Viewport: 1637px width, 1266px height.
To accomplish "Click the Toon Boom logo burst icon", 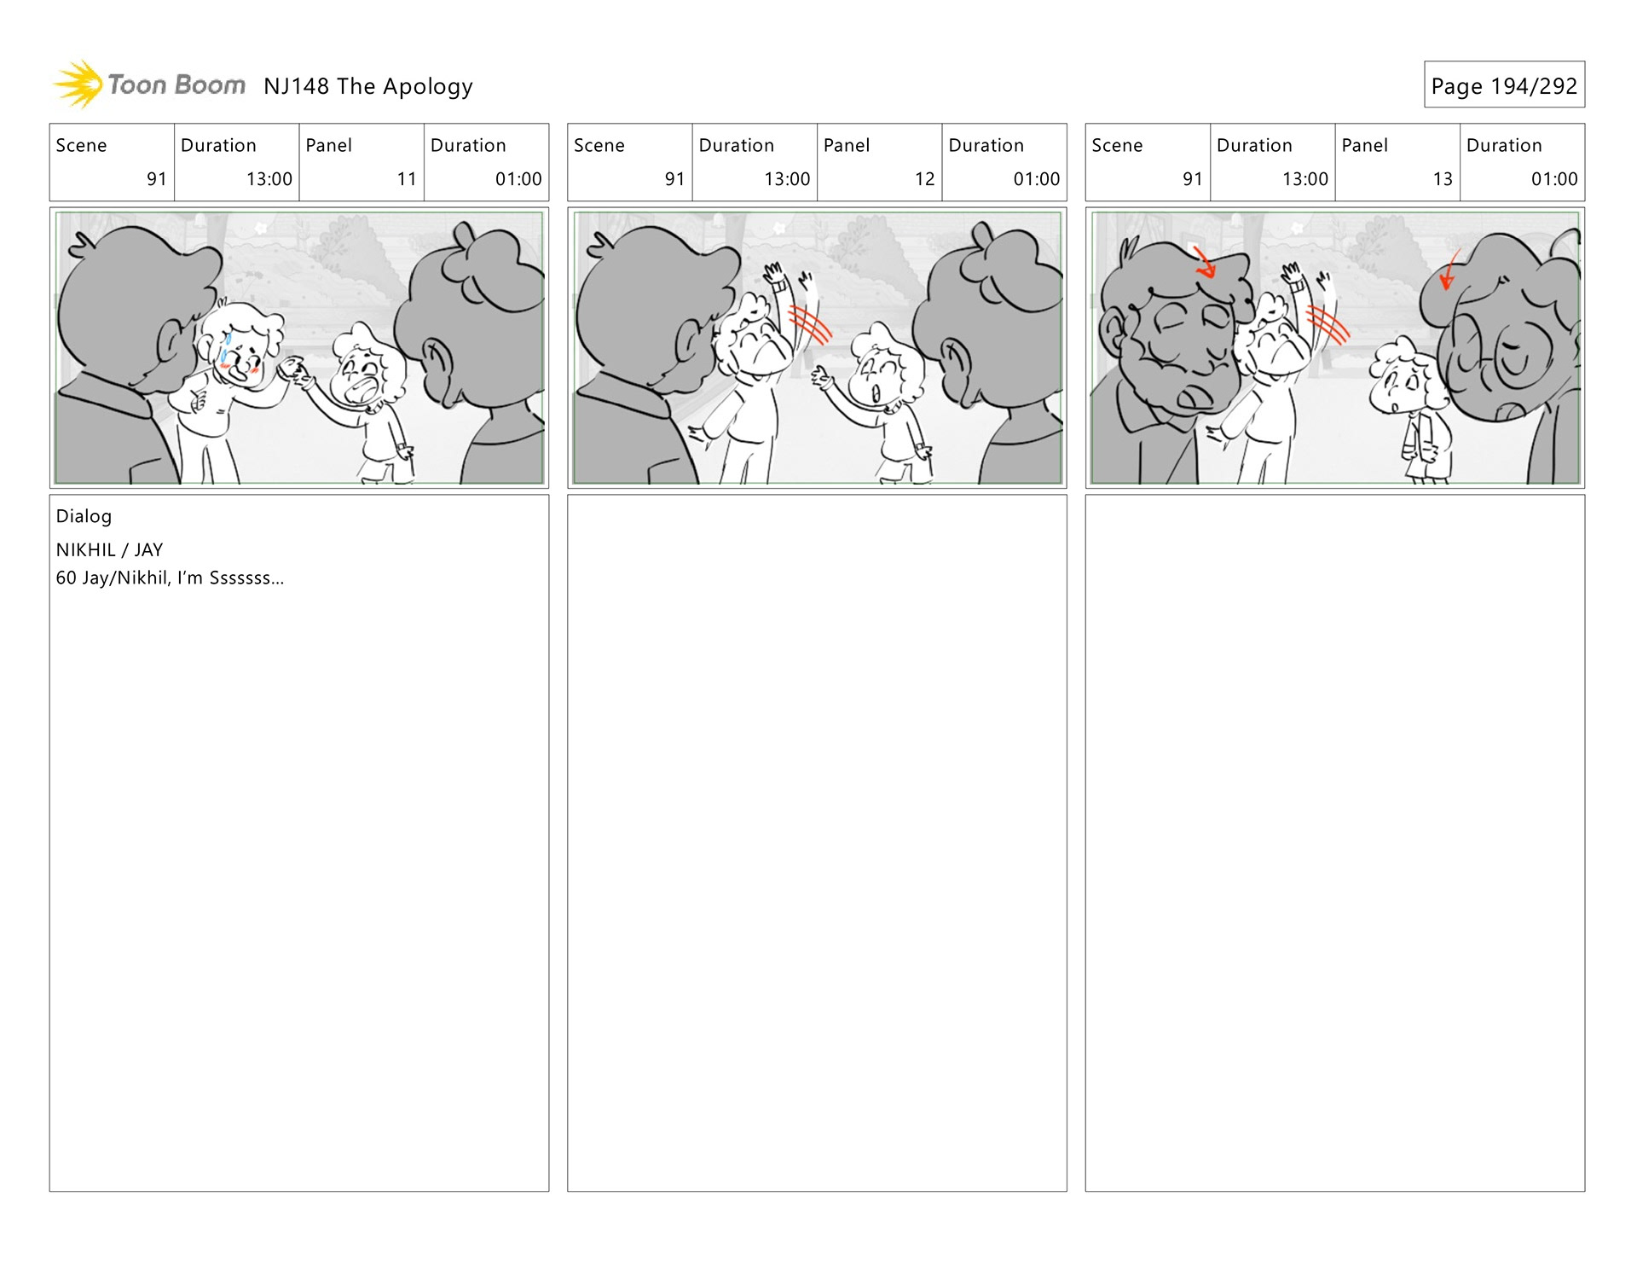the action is [78, 84].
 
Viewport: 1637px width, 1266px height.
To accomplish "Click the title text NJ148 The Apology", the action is [368, 86].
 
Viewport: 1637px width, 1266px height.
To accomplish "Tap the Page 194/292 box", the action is [1504, 84].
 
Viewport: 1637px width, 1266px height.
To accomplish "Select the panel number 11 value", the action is [407, 179].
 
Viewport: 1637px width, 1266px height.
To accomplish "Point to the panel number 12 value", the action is [924, 179].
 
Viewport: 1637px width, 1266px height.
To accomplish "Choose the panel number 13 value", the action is [1443, 179].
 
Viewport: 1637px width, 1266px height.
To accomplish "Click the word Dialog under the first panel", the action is [84, 516].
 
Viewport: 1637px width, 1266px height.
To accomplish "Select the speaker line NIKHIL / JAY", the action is [109, 550].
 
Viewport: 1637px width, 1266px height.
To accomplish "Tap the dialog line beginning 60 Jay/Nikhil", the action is [170, 578].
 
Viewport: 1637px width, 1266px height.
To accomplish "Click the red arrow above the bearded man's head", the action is [1204, 262].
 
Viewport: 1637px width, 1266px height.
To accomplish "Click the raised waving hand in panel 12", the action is [777, 277].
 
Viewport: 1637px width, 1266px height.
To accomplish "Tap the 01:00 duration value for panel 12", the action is [1036, 179].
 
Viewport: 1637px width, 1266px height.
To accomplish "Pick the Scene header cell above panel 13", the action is [1148, 162].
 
